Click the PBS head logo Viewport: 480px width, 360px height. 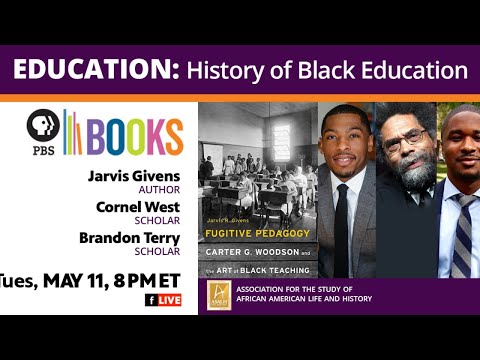[x=43, y=127]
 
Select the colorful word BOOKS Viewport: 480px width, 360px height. [x=132, y=135]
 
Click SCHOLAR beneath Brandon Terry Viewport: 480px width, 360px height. [x=158, y=252]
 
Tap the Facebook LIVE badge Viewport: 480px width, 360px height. [x=164, y=300]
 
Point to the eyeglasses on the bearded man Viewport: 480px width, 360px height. [x=401, y=139]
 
